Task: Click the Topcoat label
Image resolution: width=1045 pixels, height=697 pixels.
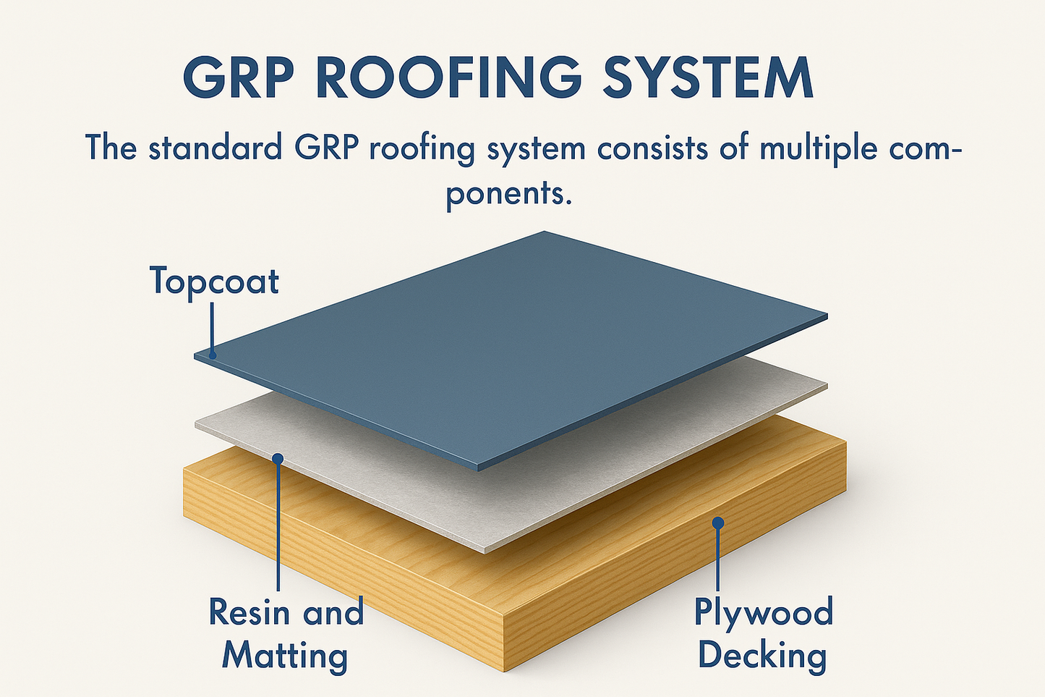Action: coord(214,281)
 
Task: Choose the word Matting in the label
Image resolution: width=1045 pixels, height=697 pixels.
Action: coord(285,656)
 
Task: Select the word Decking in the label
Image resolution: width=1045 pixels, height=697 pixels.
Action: coord(762,656)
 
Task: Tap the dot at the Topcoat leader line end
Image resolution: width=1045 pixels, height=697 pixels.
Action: coord(213,355)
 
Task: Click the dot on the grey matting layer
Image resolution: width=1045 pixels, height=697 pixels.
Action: coord(278,457)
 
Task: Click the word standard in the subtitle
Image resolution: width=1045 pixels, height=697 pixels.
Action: coord(215,148)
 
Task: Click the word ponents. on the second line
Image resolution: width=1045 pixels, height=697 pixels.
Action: coord(508,194)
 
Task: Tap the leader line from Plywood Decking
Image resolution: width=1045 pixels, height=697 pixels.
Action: coord(717,557)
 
